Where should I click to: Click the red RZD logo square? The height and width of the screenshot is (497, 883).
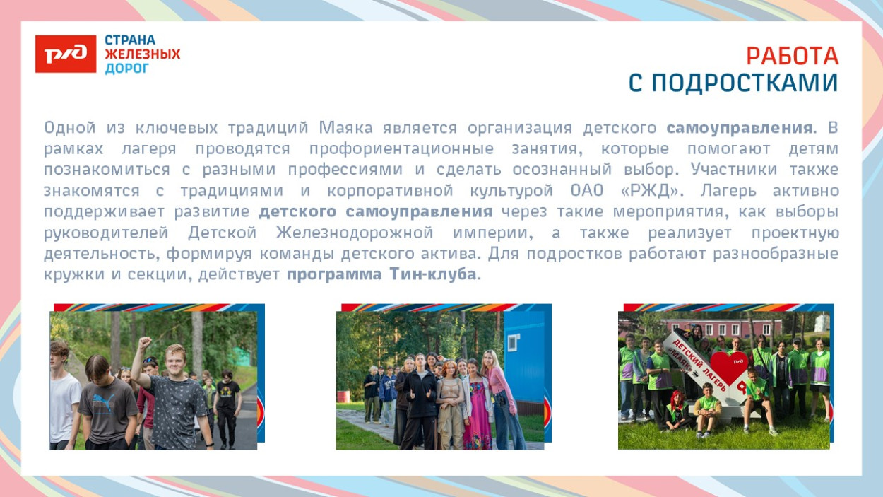[65, 54]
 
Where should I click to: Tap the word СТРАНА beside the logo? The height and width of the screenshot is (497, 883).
[130, 40]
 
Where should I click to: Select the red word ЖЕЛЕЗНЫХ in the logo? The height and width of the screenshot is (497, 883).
[142, 54]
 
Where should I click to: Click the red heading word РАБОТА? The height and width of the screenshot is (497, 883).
[792, 56]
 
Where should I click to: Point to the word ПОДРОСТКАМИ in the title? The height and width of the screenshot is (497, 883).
[744, 83]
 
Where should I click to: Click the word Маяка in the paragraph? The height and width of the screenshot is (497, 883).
[347, 129]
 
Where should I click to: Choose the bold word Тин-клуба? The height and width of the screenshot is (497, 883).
[432, 274]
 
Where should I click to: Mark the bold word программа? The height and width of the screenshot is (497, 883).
[333, 274]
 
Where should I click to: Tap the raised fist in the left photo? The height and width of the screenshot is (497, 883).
[145, 343]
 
